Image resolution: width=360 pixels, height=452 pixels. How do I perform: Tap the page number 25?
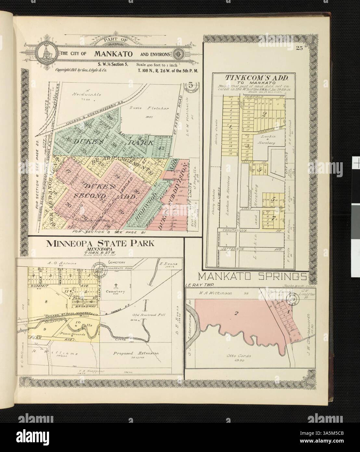299,49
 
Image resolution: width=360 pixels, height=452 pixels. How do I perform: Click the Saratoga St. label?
255,133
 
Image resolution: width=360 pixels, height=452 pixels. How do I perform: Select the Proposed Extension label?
136,353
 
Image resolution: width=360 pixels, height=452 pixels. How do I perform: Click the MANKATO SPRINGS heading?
253,277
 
